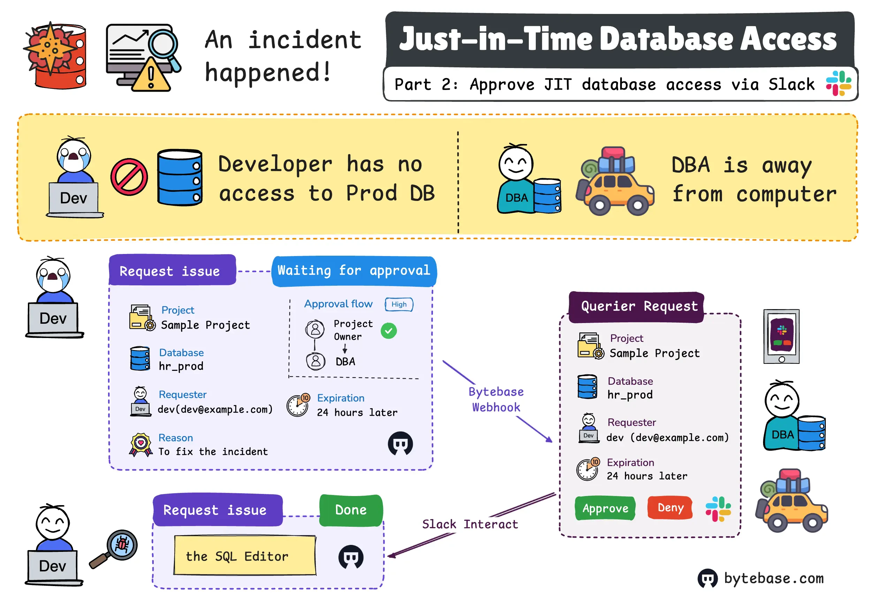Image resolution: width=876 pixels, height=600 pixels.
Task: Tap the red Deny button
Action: point(670,508)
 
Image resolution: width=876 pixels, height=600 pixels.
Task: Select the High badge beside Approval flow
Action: point(399,304)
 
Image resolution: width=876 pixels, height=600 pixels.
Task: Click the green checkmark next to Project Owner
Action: point(388,331)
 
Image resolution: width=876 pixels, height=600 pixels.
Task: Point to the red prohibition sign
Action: point(129,177)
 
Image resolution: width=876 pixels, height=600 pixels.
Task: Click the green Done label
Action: point(351,510)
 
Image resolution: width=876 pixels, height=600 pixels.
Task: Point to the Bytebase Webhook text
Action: point(496,399)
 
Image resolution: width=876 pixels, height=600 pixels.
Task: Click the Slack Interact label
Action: point(470,524)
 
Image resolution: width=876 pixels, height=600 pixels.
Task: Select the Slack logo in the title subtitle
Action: point(838,83)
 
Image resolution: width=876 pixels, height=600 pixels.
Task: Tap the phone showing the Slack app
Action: point(781,336)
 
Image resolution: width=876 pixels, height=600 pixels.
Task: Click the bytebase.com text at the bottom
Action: point(774,578)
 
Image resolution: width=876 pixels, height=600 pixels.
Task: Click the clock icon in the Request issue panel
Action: point(298,405)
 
